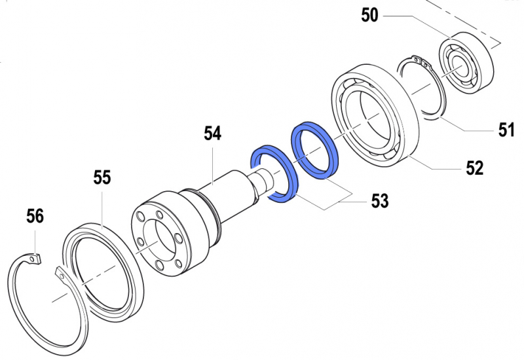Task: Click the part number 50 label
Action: (x=370, y=15)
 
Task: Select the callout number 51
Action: (x=505, y=130)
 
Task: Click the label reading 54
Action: (x=212, y=135)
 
